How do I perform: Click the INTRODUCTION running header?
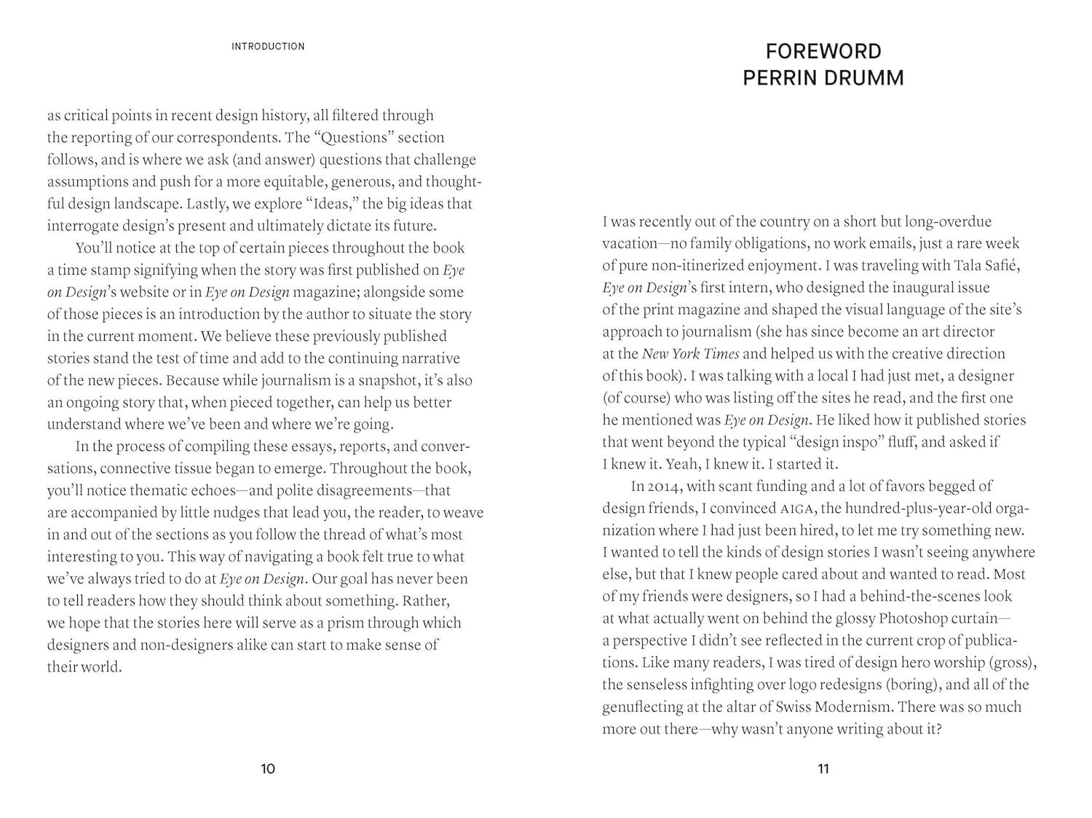pos(268,47)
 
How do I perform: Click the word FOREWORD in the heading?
pos(823,52)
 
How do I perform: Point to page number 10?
pos(268,769)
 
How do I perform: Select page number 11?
pos(823,769)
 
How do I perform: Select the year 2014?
pos(663,487)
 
